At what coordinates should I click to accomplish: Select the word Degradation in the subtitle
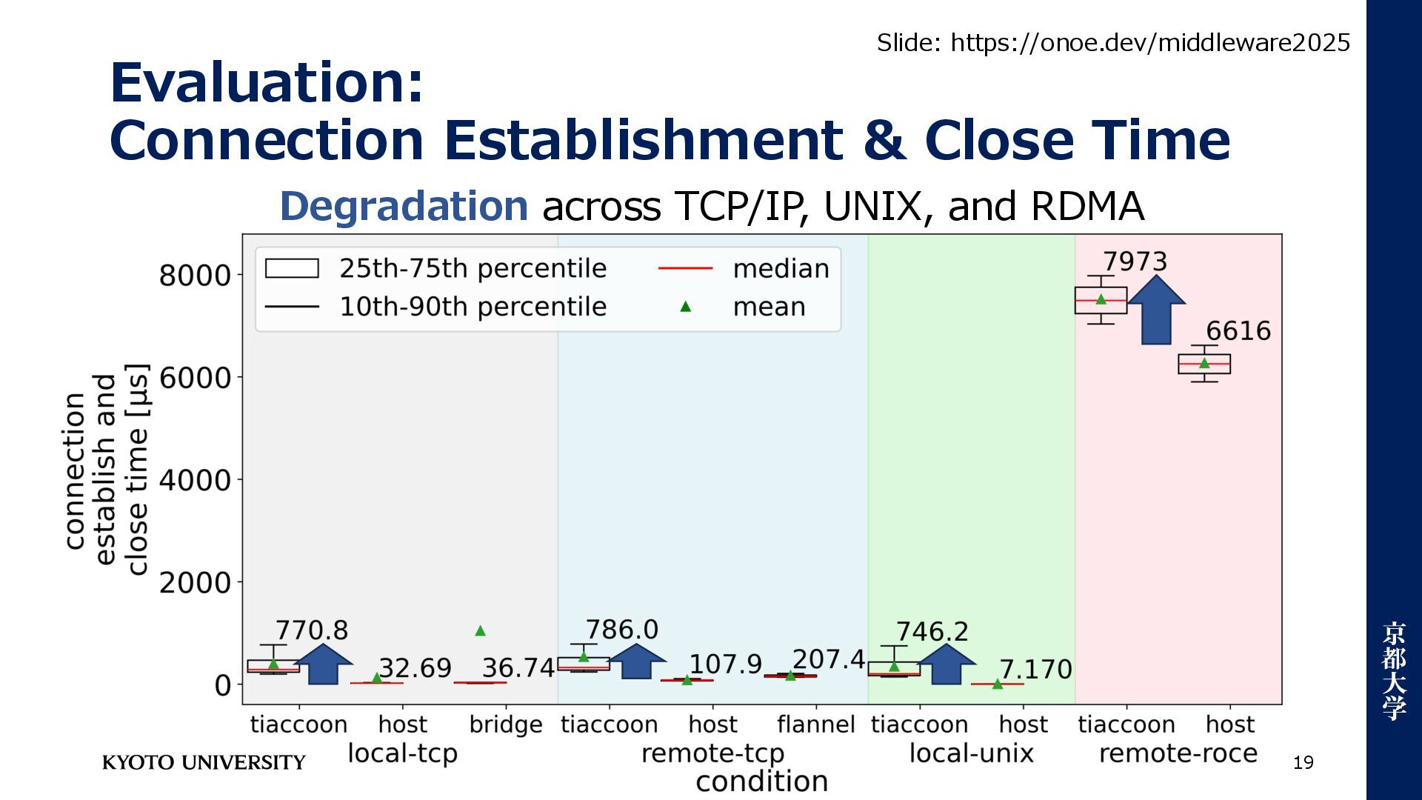pyautogui.click(x=404, y=206)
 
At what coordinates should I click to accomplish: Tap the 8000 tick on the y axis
pyautogui.click(x=196, y=275)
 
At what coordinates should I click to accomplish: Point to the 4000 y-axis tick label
pyautogui.click(x=196, y=480)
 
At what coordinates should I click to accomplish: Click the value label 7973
pyautogui.click(x=1135, y=261)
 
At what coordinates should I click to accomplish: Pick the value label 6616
pyautogui.click(x=1238, y=330)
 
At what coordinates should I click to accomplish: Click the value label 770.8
pyautogui.click(x=311, y=630)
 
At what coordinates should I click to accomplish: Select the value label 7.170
pyautogui.click(x=1035, y=670)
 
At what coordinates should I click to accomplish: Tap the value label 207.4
pyautogui.click(x=828, y=659)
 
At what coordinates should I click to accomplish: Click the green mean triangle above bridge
pyautogui.click(x=480, y=631)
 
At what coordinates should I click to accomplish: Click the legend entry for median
pyautogui.click(x=781, y=269)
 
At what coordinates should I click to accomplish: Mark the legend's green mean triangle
pyautogui.click(x=686, y=307)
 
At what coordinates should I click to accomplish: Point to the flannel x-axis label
pyautogui.click(x=815, y=724)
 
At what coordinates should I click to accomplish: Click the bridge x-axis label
pyautogui.click(x=506, y=724)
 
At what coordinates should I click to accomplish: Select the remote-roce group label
pyautogui.click(x=1178, y=753)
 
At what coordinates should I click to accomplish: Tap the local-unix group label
pyautogui.click(x=971, y=753)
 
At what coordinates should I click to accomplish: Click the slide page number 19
pyautogui.click(x=1303, y=763)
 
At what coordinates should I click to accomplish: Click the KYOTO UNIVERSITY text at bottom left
pyautogui.click(x=204, y=763)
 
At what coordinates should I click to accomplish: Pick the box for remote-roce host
pyautogui.click(x=1204, y=364)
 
